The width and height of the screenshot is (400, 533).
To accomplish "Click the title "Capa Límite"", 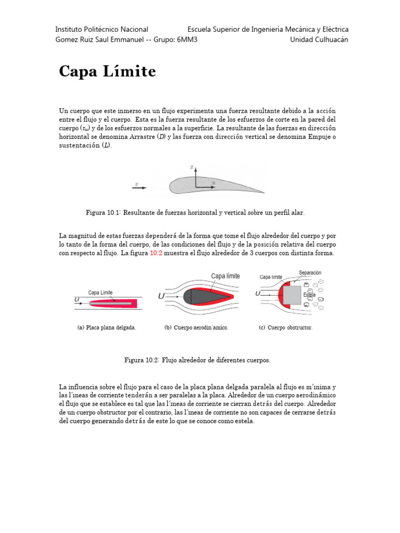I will (x=107, y=71).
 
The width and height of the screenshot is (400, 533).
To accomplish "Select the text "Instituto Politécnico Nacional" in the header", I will (x=102, y=29).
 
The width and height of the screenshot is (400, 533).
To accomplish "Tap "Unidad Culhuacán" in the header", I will (x=319, y=40).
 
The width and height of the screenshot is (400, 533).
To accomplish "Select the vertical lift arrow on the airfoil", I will (x=196, y=177).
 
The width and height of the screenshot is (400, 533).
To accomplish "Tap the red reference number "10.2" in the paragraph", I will (x=156, y=253).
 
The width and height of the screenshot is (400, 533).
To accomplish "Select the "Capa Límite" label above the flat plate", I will (x=100, y=293).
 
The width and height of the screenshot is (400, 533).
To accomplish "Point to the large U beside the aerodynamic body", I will (x=162, y=296).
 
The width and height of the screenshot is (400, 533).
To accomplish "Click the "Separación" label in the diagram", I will (x=310, y=273).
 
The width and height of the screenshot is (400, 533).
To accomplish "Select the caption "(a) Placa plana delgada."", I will (x=106, y=328).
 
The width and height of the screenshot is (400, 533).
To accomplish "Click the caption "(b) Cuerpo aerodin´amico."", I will (x=196, y=328).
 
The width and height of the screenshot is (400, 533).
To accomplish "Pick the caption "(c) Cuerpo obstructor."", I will (x=285, y=328).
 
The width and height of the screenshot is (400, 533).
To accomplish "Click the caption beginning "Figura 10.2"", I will (x=197, y=360).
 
